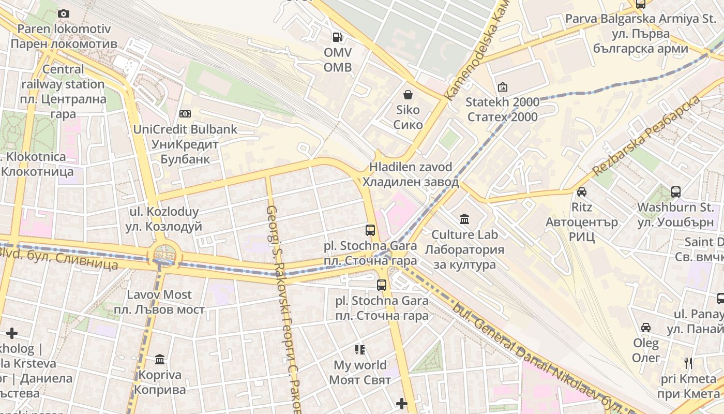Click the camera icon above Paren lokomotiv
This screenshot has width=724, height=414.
(64, 13)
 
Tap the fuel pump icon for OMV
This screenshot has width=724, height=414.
(337, 37)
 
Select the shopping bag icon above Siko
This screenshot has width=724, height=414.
(408, 95)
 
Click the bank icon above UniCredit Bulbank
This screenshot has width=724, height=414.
(185, 114)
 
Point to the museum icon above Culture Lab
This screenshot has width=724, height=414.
(464, 219)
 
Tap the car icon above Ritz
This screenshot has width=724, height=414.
(582, 192)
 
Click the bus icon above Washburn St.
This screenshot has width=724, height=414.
(675, 192)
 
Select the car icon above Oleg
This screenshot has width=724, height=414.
(646, 328)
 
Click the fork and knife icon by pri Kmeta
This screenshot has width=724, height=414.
(688, 363)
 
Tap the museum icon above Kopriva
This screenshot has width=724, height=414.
(160, 359)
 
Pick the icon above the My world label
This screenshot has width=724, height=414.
(360, 350)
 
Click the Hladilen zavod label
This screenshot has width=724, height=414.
(411, 174)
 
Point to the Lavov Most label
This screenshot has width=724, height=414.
(159, 302)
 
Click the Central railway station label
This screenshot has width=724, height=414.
(63, 91)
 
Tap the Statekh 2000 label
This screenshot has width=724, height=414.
(502, 109)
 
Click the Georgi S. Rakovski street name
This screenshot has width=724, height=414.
(284, 310)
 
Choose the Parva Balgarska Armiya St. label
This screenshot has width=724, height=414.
(640, 34)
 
